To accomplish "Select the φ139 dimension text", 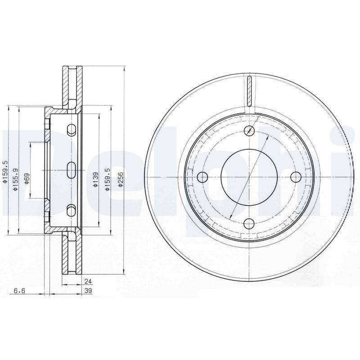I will [x=95, y=180].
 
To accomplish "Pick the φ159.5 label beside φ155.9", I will [x=5, y=173].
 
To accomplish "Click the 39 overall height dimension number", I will [x=88, y=291].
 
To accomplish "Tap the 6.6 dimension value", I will [x=19, y=291].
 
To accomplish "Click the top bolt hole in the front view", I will [x=249, y=131].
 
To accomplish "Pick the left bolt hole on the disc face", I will [x=202, y=176].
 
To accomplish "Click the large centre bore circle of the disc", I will [x=249, y=176].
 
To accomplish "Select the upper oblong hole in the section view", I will [x=71, y=130].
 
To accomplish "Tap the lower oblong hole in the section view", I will [x=71, y=210].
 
